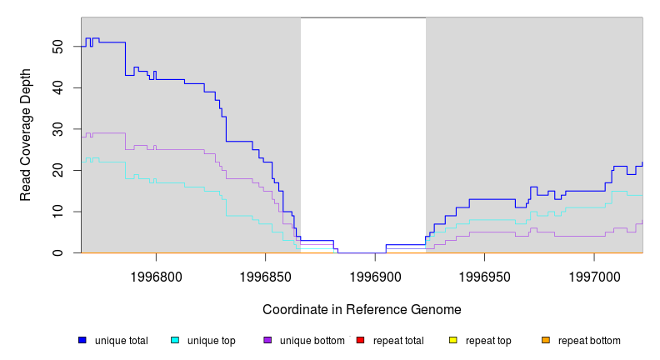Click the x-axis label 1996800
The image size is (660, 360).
click(156, 276)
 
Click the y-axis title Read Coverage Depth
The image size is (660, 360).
click(26, 135)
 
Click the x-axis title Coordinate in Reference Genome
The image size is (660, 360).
click(362, 309)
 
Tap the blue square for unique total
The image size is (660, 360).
click(82, 340)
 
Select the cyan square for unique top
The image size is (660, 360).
click(175, 340)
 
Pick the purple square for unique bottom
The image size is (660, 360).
click(267, 340)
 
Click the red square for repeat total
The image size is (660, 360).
click(360, 340)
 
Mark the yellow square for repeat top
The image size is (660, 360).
click(453, 340)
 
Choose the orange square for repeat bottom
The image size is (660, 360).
click(546, 340)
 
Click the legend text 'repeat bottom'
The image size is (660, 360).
click(589, 341)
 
